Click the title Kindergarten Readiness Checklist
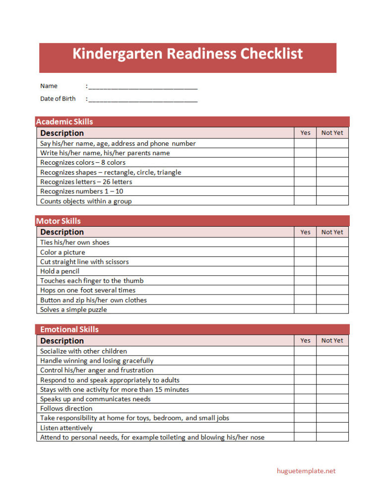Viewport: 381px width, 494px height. [x=188, y=54]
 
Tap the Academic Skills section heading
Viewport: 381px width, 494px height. [x=64, y=122]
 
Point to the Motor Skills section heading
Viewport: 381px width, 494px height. [x=59, y=221]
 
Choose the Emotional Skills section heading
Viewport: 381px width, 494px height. [x=69, y=329]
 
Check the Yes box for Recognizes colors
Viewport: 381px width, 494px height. [x=305, y=163]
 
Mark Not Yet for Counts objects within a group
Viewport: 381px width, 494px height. [x=332, y=201]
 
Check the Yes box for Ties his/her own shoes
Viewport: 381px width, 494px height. [x=305, y=243]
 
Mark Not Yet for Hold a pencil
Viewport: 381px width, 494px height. [x=332, y=271]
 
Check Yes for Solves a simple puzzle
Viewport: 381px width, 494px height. [x=305, y=309]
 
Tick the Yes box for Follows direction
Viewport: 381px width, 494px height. [x=305, y=409]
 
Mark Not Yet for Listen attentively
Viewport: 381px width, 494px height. [x=332, y=428]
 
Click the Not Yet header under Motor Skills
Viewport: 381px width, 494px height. [x=332, y=232]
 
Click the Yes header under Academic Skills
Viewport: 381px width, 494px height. [x=305, y=133]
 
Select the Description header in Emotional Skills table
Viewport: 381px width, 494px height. [x=62, y=341]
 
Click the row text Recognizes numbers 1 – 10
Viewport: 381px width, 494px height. [x=82, y=191]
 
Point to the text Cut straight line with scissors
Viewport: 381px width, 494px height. [x=84, y=262]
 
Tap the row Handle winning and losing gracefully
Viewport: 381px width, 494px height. [x=97, y=361]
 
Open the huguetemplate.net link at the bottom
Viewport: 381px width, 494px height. [x=306, y=471]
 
